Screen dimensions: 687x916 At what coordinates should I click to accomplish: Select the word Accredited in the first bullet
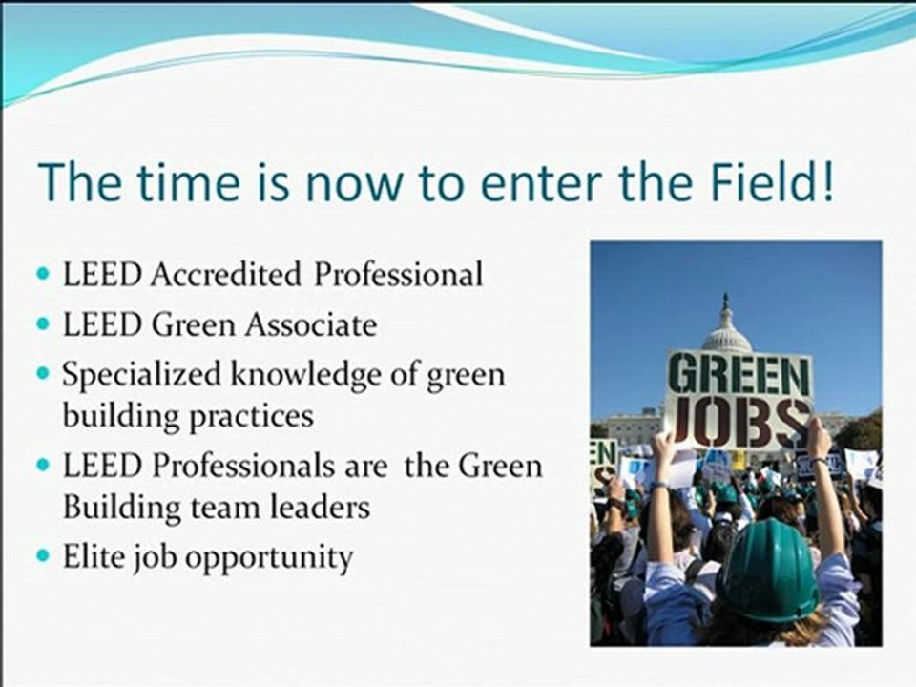click(x=225, y=275)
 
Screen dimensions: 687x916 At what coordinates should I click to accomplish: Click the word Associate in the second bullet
click(x=311, y=325)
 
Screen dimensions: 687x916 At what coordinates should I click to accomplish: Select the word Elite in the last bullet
click(x=90, y=556)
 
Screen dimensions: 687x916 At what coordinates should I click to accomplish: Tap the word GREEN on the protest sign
click(x=739, y=374)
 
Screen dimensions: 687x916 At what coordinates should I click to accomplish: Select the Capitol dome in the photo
click(x=726, y=329)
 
